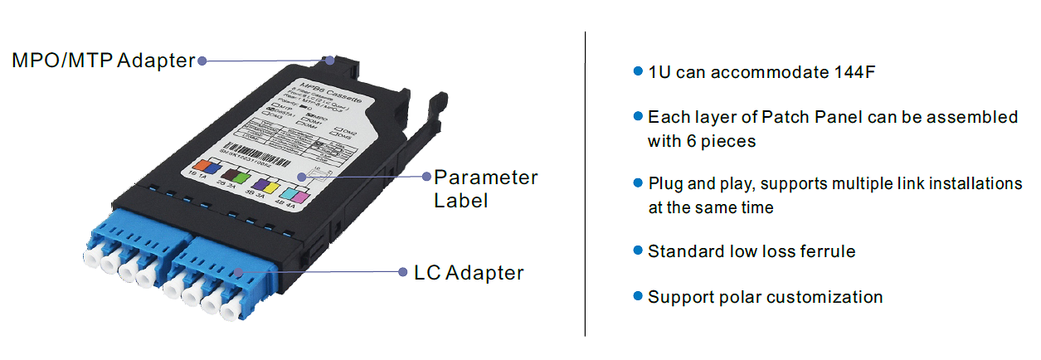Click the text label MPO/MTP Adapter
pos(103,60)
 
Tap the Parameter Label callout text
pos(485,188)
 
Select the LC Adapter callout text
pos(468,272)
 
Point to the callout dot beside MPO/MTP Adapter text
pos(202,60)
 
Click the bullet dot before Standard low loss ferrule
pos(637,250)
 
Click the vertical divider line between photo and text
pos(586,182)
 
